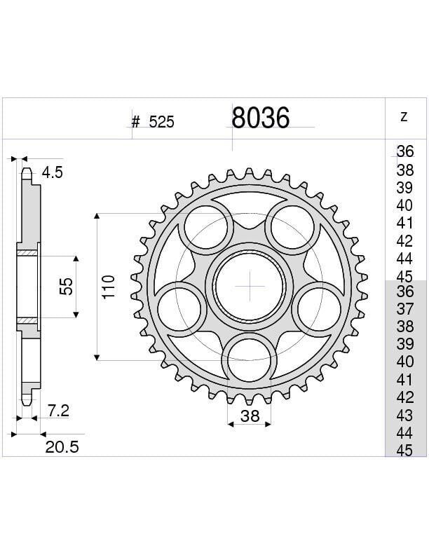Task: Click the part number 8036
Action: [x=260, y=118]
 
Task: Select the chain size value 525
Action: [x=161, y=123]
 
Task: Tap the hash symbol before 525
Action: [x=136, y=123]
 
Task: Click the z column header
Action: [x=404, y=117]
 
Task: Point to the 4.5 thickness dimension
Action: [x=53, y=173]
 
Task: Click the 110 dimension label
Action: [x=109, y=287]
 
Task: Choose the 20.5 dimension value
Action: [x=62, y=447]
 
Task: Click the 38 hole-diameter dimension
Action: [x=250, y=416]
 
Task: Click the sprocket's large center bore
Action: [x=250, y=286]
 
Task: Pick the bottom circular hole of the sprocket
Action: [x=250, y=358]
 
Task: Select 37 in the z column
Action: [x=404, y=308]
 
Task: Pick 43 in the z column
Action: [x=404, y=415]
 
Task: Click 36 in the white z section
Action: [x=404, y=151]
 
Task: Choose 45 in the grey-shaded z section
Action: [x=404, y=451]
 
